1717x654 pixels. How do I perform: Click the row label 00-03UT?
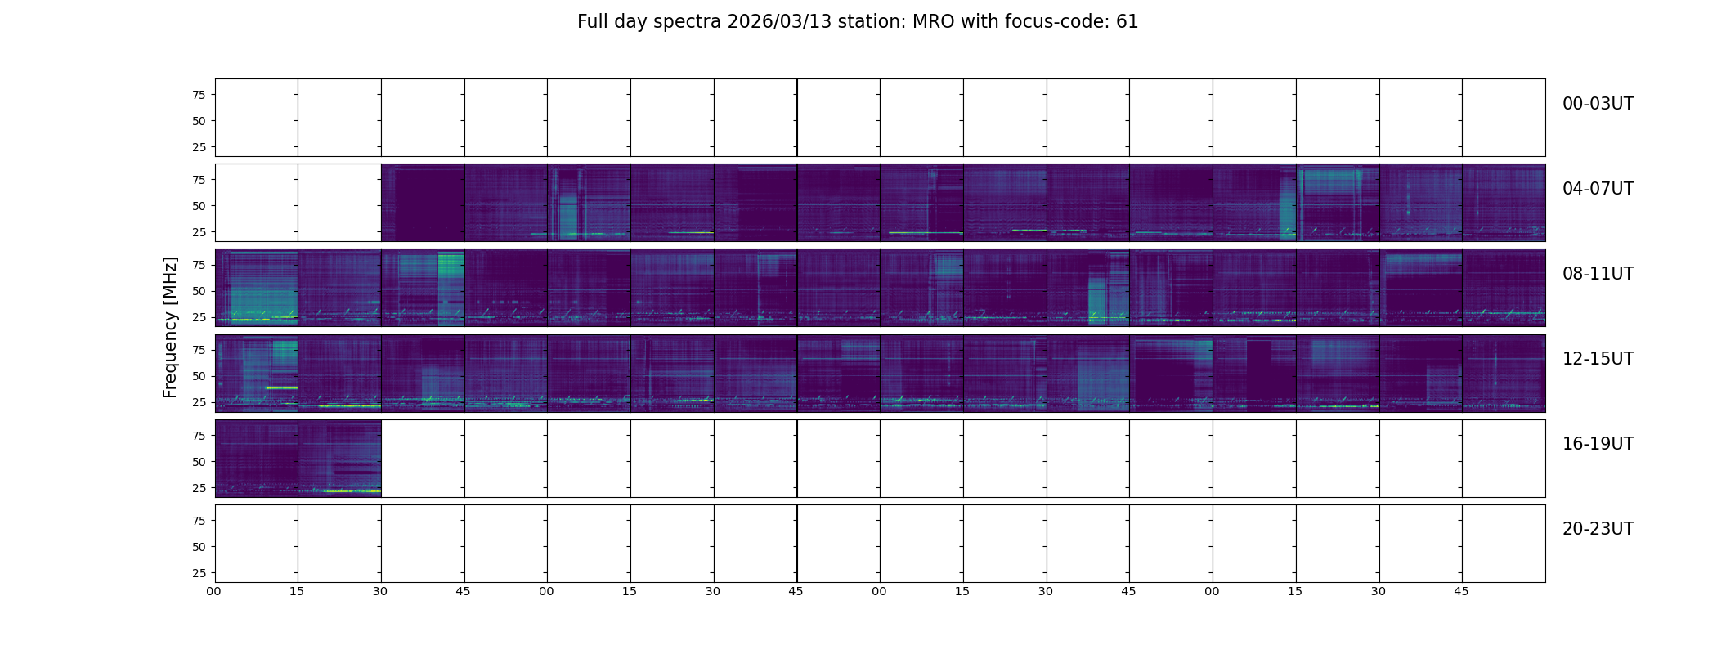tap(1598, 104)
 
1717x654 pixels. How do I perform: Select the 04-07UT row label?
tap(1598, 189)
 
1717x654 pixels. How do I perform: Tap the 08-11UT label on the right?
tap(1598, 274)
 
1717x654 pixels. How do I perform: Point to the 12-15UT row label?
tap(1598, 359)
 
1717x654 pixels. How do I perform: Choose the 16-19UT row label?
tap(1598, 444)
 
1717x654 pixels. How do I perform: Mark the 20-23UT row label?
tap(1598, 529)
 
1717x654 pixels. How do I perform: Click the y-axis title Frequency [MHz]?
tap(170, 327)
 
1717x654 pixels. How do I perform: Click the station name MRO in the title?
tap(926, 22)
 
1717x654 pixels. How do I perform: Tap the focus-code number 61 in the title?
tap(1127, 22)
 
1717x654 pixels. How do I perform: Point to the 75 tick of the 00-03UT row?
tap(198, 95)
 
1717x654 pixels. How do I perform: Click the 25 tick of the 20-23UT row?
tap(198, 573)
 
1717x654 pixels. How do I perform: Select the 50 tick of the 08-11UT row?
tap(198, 291)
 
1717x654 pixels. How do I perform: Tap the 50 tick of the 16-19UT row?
tap(198, 462)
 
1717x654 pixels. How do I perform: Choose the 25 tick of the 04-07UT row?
tap(198, 232)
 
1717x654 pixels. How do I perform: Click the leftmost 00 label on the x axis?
tap(213, 591)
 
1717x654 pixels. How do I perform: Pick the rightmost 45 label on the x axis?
tap(1461, 591)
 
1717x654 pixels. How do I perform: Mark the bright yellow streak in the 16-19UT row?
tap(352, 491)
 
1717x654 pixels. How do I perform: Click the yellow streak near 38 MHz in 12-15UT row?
tap(281, 387)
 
